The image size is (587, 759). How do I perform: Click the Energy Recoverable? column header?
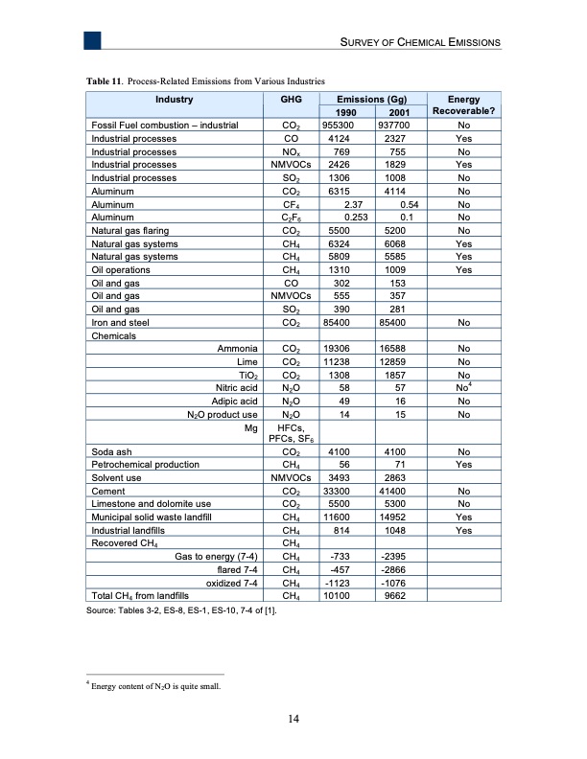click(464, 104)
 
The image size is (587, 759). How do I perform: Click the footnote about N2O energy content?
click(154, 683)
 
